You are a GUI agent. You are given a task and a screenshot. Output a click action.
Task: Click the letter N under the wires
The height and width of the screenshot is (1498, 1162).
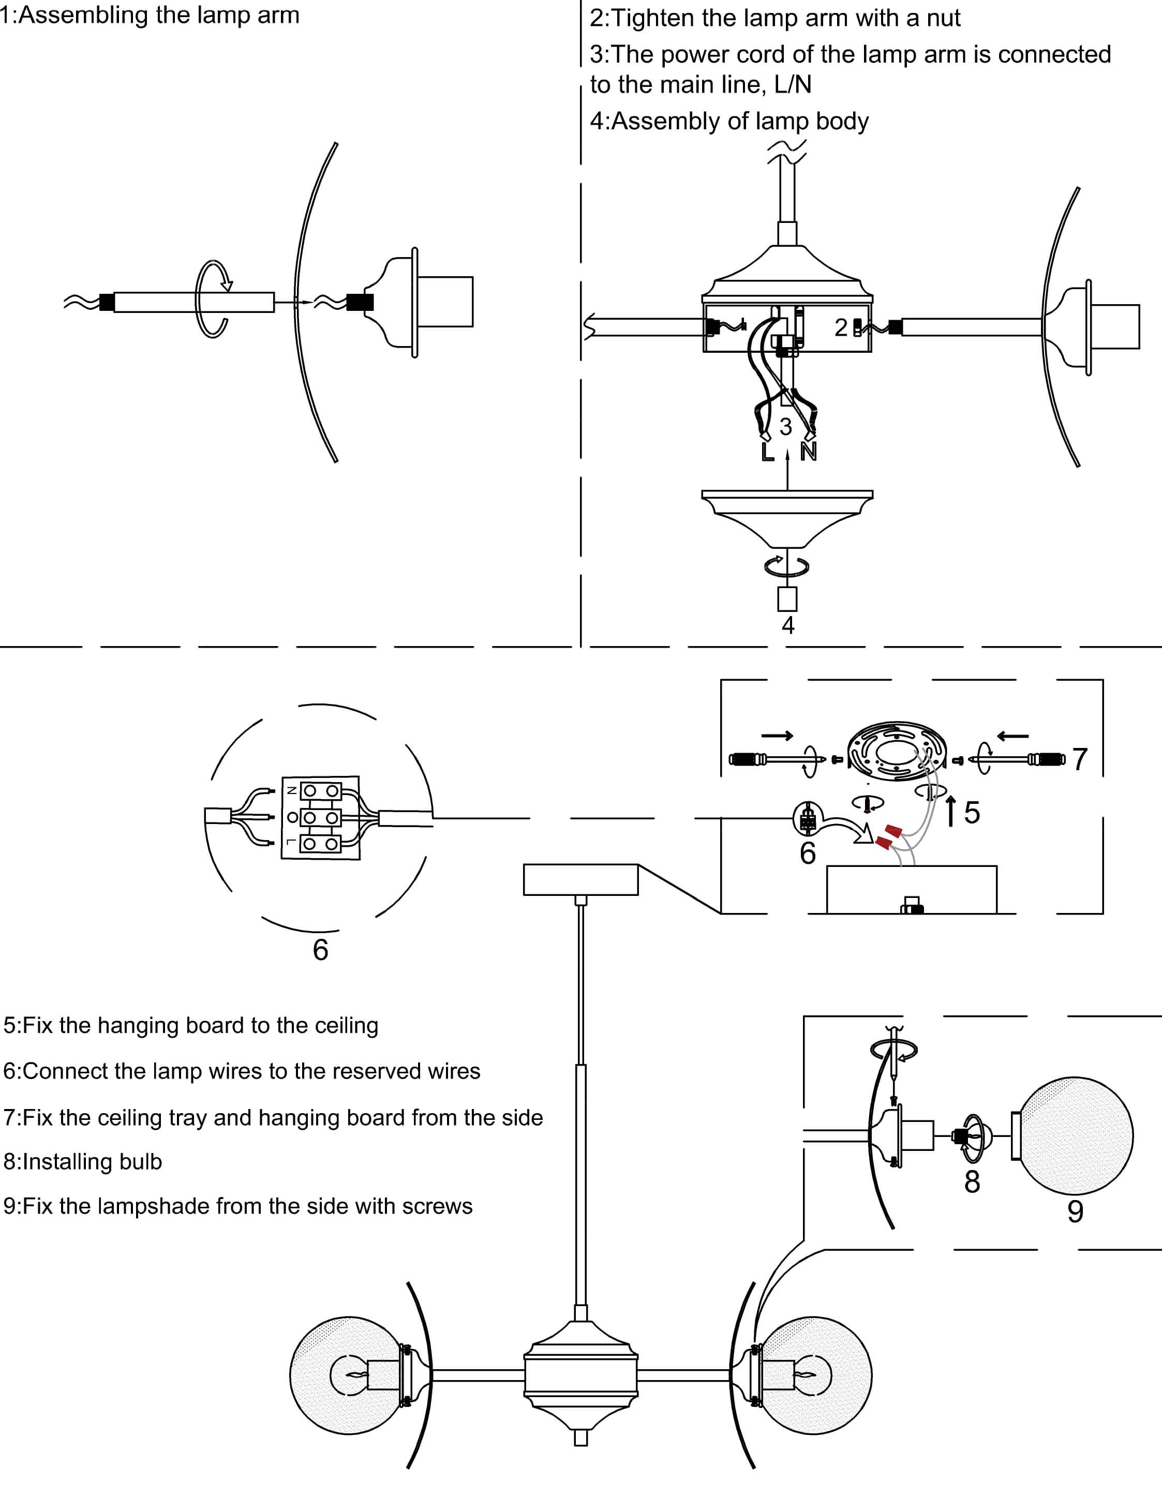tap(809, 452)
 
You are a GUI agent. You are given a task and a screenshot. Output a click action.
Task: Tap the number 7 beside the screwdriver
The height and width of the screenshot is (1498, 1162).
tap(1080, 759)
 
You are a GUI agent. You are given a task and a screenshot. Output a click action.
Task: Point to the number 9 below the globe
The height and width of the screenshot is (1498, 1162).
tap(1075, 1212)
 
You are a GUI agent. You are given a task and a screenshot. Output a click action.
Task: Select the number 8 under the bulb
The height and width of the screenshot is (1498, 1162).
tap(972, 1182)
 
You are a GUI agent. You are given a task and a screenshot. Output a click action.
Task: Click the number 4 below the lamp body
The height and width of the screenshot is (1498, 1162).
tap(788, 625)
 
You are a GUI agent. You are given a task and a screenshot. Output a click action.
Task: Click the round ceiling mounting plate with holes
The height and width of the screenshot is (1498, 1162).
tap(897, 751)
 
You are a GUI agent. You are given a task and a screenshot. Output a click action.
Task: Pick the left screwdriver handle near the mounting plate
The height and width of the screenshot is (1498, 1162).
tap(747, 759)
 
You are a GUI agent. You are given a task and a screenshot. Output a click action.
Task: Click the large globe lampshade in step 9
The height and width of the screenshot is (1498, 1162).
tap(1075, 1136)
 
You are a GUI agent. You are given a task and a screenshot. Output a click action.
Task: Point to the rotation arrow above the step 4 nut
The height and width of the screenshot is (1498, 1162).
tap(787, 566)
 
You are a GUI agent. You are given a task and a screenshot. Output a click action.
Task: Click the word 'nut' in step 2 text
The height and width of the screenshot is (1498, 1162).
tap(943, 18)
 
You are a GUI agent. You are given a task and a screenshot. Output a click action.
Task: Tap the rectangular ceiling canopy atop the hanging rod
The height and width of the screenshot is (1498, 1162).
tap(580, 879)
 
